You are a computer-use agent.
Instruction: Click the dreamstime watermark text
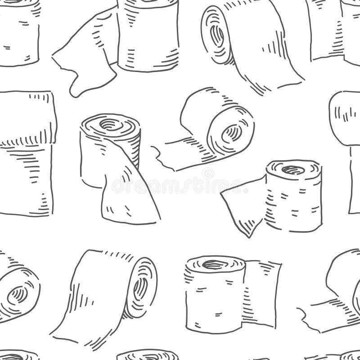180,184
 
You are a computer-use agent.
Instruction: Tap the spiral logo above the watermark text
208,173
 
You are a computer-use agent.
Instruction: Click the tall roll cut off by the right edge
346,148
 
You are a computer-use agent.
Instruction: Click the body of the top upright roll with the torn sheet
146,40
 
